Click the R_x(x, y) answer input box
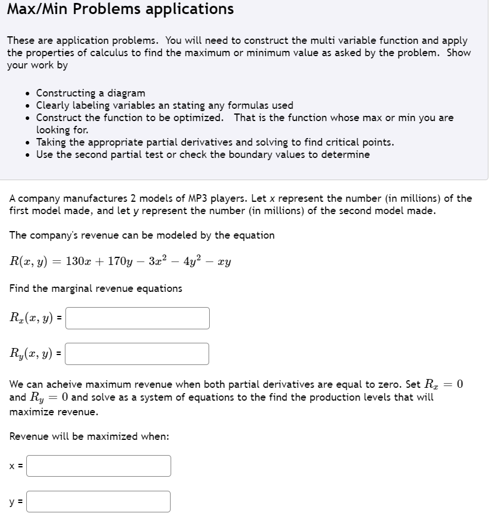tap(137, 318)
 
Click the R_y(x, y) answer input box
tap(137, 354)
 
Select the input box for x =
tap(99, 466)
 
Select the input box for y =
tap(99, 502)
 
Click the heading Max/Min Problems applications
tap(120, 9)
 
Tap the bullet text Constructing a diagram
tap(91, 93)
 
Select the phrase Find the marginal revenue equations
tap(96, 288)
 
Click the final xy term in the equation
tap(224, 261)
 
